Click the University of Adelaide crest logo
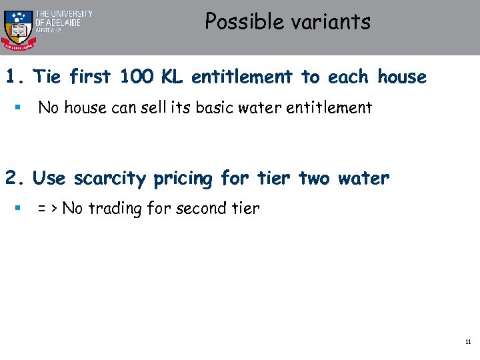[x=18, y=27]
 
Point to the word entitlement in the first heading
[x=242, y=77]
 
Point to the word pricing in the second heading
[x=183, y=179]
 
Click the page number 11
[x=468, y=342]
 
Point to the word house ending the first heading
[x=401, y=77]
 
